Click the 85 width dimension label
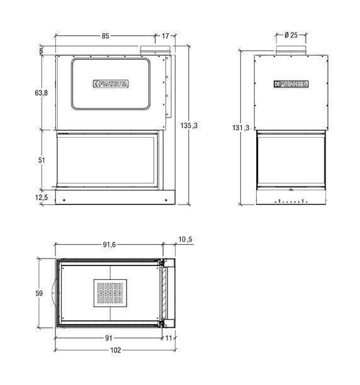(105, 36)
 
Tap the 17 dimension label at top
(166, 36)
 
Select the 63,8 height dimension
(42, 93)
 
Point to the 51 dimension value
(42, 160)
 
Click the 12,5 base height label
(42, 198)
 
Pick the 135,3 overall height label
(189, 125)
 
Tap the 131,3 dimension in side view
(240, 128)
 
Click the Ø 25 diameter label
(291, 35)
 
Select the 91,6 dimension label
(110, 245)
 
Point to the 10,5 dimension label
(186, 239)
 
